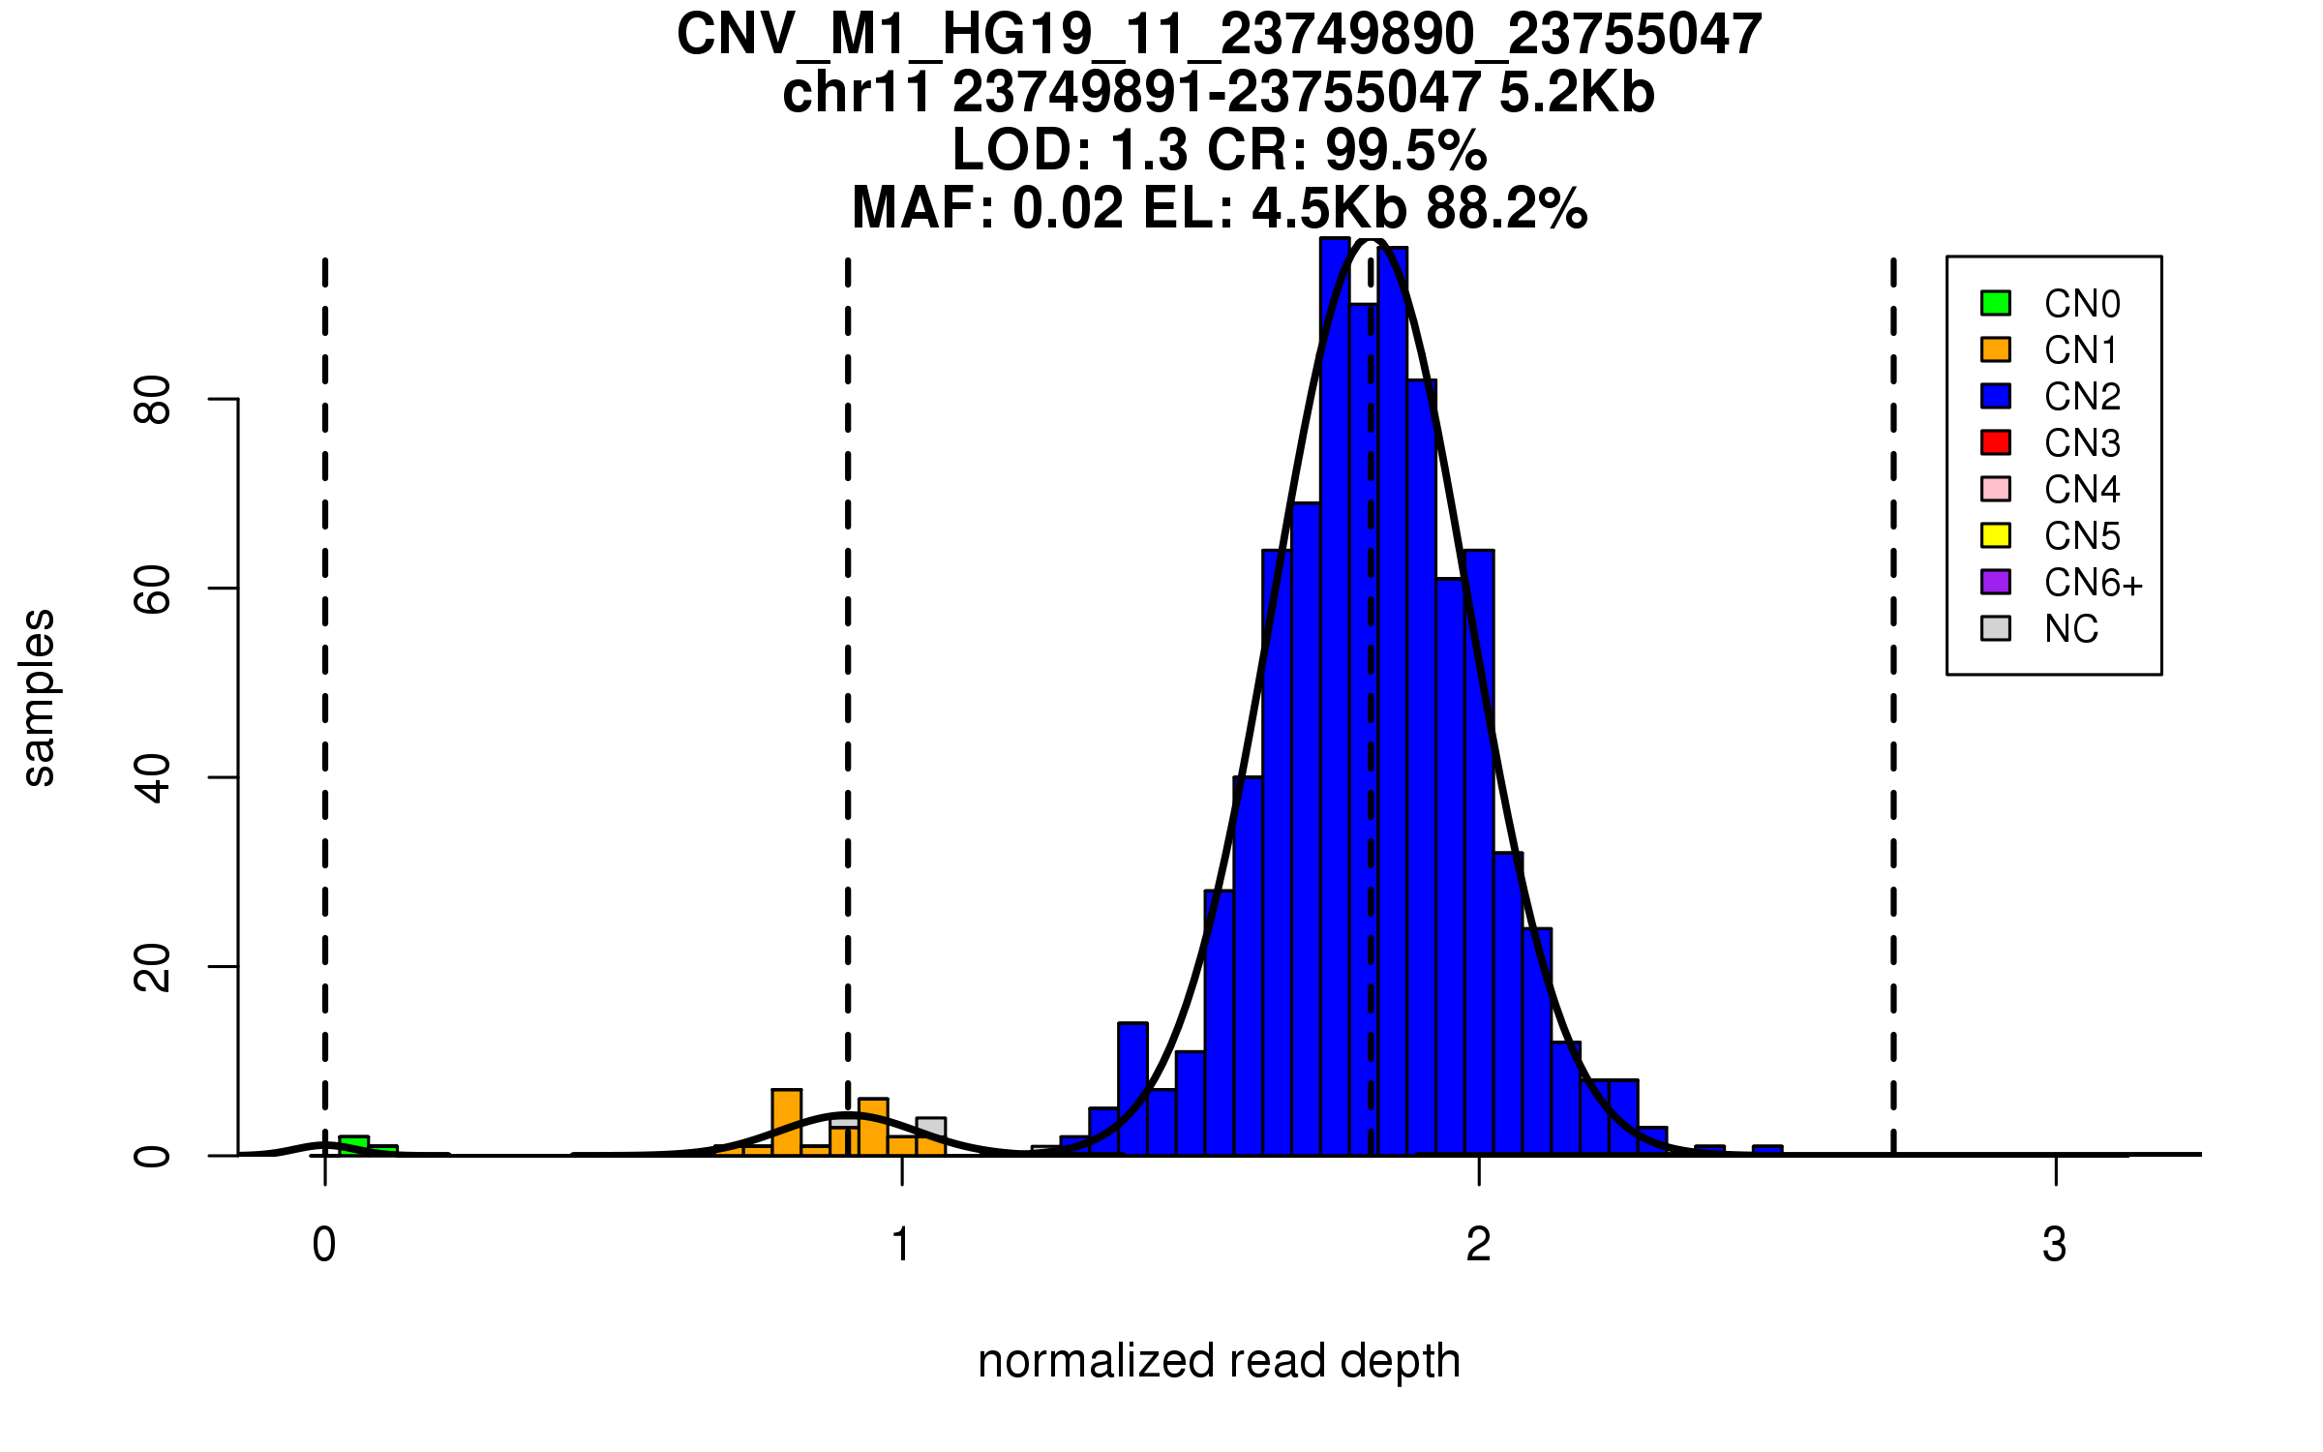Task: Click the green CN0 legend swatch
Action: [x=1996, y=303]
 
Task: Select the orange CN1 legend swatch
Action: [x=1996, y=349]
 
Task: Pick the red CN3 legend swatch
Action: [x=1996, y=442]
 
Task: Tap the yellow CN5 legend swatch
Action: [x=1996, y=535]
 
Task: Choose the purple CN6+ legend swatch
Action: [x=1996, y=582]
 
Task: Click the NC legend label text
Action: [x=2071, y=629]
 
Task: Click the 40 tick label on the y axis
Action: [x=153, y=778]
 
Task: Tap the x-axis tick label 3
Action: [x=2055, y=1245]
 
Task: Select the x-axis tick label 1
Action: [x=902, y=1245]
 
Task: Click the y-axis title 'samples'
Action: [x=39, y=697]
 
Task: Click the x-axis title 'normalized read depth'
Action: [x=1219, y=1361]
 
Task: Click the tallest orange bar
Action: [x=787, y=1123]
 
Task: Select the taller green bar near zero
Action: [x=354, y=1146]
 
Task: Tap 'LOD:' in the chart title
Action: [x=1022, y=150]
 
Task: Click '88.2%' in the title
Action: [x=1507, y=208]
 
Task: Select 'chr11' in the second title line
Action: [x=857, y=93]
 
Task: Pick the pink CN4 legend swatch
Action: [x=1996, y=489]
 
